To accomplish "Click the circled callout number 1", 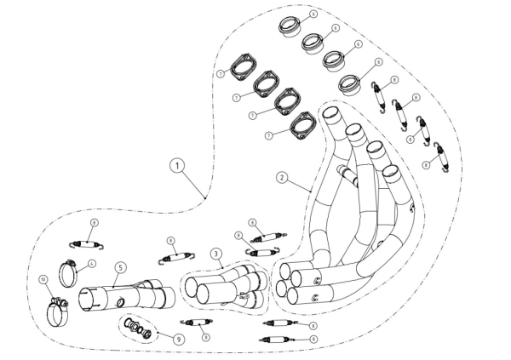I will tap(176, 166).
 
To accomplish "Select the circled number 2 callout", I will tap(282, 179).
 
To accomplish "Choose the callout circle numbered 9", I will tap(178, 338).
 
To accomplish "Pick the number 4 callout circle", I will tap(92, 264).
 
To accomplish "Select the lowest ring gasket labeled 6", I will tap(350, 85).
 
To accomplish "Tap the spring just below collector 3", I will tap(198, 322).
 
